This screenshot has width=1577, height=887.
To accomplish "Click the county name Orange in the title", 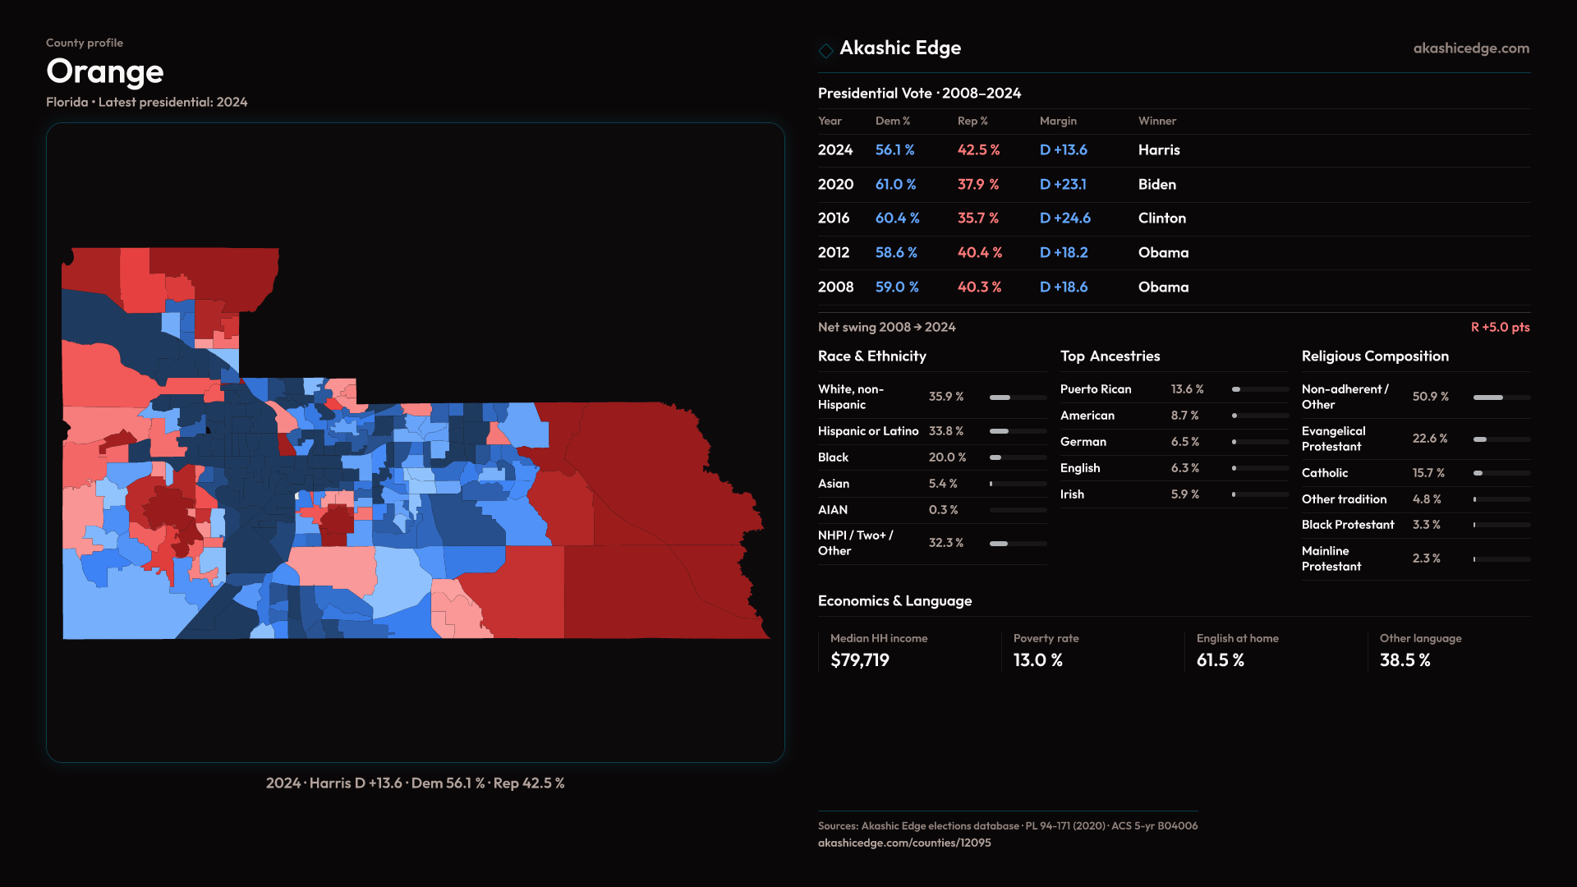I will coord(105,72).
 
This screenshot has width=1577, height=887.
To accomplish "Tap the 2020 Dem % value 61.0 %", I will coord(895,185).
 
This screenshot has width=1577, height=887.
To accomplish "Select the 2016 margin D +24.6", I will coord(1065,218).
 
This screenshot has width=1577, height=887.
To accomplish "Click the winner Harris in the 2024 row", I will coord(1159,150).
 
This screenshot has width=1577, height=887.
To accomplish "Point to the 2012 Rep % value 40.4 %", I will coord(980,253).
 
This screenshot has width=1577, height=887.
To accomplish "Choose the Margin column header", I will coord(1058,121).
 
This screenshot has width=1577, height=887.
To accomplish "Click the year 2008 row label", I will coord(835,287).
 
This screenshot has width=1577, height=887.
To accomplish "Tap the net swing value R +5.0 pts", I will coord(1500,327).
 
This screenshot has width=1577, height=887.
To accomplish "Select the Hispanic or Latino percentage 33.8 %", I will coord(946,431).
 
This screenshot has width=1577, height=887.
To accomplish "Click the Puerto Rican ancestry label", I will coord(1096,389).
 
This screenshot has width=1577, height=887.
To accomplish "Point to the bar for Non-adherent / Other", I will coord(1501,398).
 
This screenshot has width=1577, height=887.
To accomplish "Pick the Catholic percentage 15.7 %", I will coord(1428,473).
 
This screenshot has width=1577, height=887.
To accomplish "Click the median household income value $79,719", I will coord(860,660).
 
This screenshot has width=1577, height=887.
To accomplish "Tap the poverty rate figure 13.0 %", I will coord(1038,660).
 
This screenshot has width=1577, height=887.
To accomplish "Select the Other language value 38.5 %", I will coord(1405,660).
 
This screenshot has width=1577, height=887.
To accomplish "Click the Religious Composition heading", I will coord(1375,356).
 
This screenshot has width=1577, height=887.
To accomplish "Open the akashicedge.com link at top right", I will coord(1471,48).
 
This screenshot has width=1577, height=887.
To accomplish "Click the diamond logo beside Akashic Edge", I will coord(825,50).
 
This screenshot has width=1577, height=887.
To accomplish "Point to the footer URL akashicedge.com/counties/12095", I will coord(904,843).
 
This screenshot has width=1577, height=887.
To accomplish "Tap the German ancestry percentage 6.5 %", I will coord(1185,442).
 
